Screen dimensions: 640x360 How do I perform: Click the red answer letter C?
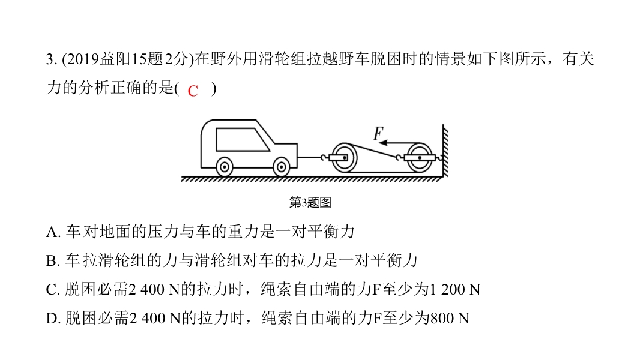pyautogui.click(x=193, y=91)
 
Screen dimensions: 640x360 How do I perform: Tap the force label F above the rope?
pyautogui.click(x=378, y=133)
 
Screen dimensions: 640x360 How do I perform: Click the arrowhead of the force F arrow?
pyautogui.click(x=383, y=143)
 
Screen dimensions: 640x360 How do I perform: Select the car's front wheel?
pyautogui.click(x=281, y=167)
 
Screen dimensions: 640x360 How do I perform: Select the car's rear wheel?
pyautogui.click(x=224, y=167)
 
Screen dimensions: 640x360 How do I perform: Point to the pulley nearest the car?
pyautogui.click(x=343, y=157)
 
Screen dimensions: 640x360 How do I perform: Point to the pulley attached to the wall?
pyautogui.click(x=419, y=157)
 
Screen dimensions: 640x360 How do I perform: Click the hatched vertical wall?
pyautogui.click(x=445, y=151)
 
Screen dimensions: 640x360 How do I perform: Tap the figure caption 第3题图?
pyautogui.click(x=310, y=202)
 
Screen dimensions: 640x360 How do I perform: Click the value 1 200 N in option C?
pyautogui.click(x=454, y=289)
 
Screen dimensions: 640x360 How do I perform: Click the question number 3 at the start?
pyautogui.click(x=50, y=59)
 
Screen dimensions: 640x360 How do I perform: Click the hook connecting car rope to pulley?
pyautogui.click(x=324, y=157)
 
